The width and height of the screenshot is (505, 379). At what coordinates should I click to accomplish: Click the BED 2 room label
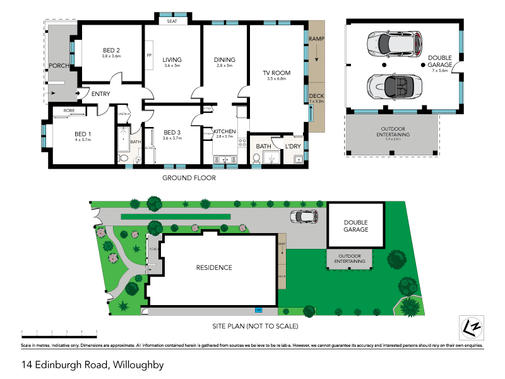111,51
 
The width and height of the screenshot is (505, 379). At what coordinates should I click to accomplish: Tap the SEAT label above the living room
172,21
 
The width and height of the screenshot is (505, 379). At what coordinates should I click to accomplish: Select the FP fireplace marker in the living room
150,55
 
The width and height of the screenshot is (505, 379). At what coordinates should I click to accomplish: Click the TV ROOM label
276,73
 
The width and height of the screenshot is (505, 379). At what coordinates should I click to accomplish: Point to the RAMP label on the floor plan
316,39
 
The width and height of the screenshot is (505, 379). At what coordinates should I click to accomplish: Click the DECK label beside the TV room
316,96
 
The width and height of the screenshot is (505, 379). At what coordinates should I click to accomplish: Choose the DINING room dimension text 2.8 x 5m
224,66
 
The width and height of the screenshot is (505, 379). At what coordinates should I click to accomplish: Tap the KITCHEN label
225,131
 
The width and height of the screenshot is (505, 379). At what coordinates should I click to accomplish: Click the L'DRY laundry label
293,147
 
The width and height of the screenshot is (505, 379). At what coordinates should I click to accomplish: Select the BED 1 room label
83,133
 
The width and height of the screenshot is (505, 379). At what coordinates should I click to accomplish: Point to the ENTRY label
100,94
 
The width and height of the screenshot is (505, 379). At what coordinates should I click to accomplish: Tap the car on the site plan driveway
304,217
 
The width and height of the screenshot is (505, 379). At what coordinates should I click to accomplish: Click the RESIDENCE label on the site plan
213,267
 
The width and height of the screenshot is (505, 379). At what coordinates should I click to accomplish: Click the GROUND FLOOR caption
189,178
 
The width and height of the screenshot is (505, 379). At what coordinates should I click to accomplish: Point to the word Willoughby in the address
138,364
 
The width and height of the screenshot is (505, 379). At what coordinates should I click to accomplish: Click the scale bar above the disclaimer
59,331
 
